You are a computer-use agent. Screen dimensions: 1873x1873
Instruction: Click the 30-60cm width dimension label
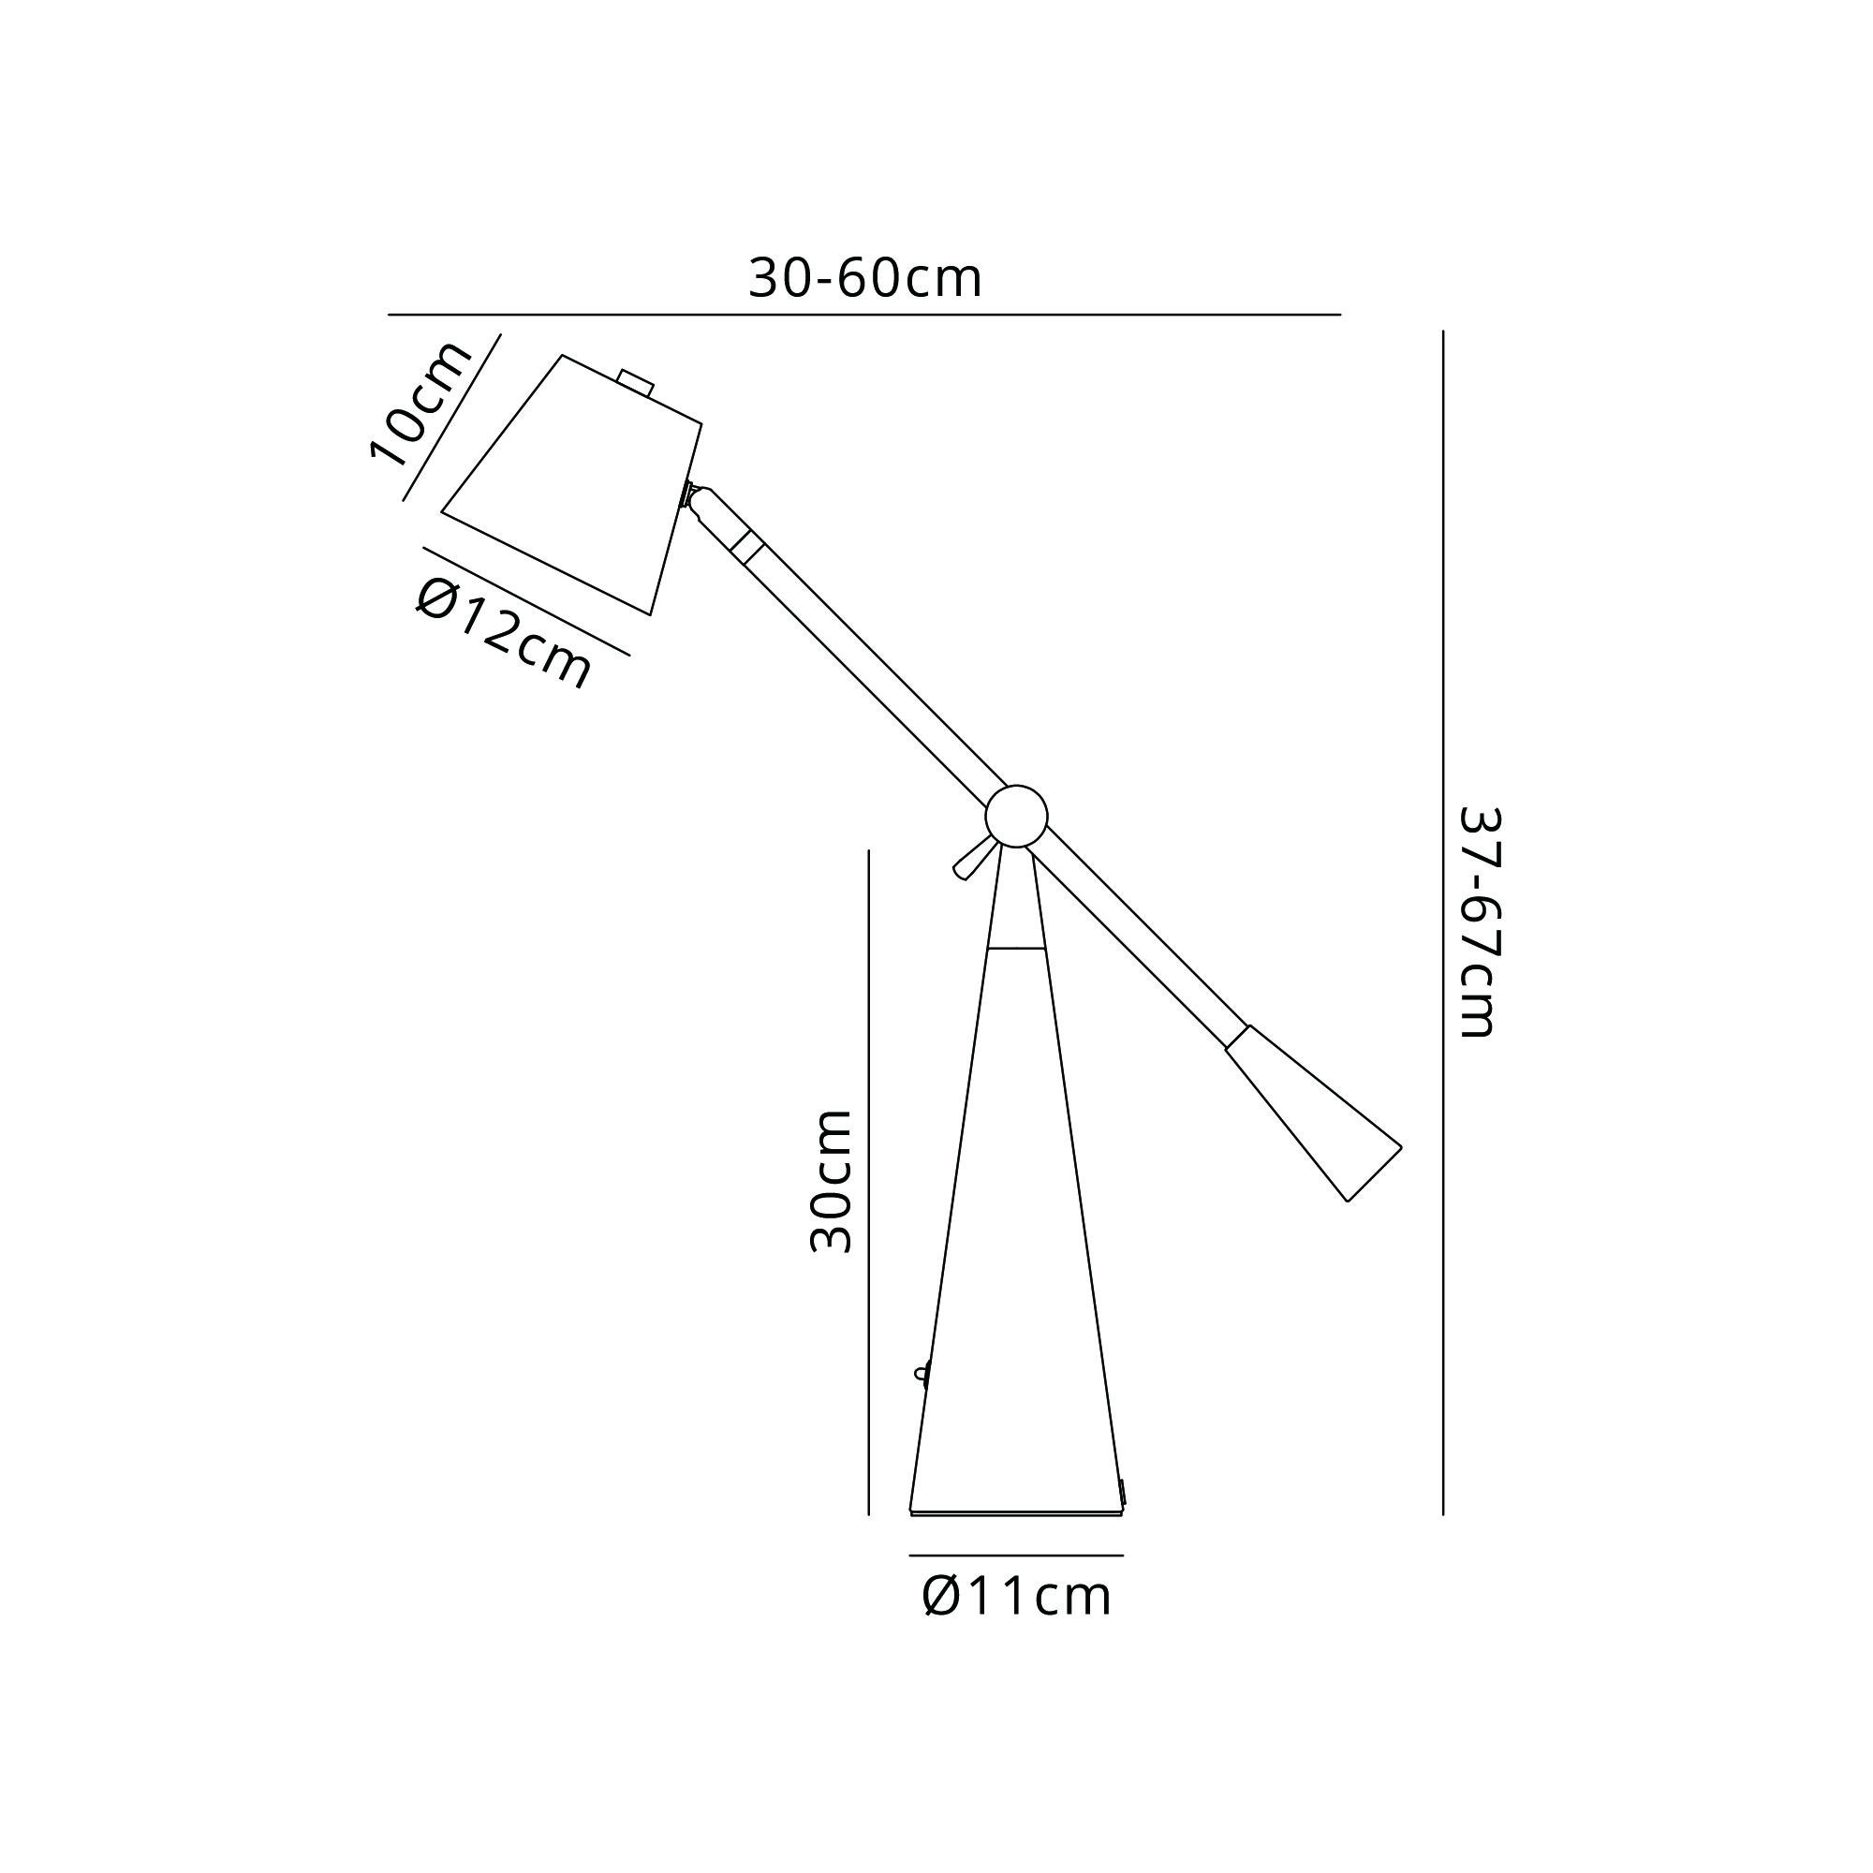[865, 279]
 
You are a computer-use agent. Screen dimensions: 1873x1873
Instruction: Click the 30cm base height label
[831, 1182]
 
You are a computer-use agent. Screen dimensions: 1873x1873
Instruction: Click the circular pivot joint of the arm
[1016, 817]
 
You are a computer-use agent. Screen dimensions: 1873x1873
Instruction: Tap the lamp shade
[572, 485]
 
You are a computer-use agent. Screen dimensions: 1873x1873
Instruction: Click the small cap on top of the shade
[636, 382]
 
